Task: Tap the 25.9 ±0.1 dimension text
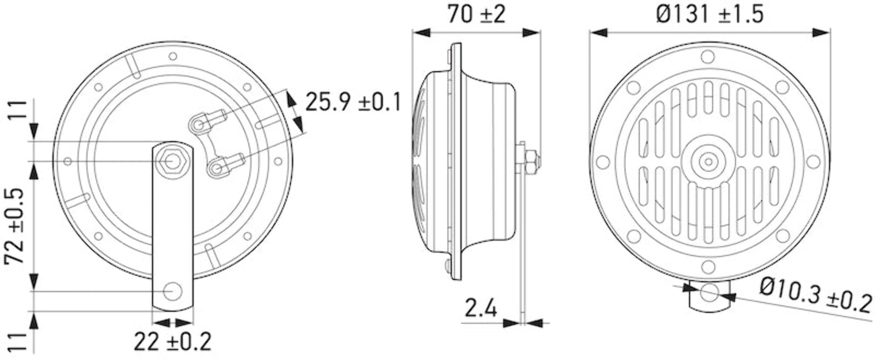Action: point(353,102)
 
